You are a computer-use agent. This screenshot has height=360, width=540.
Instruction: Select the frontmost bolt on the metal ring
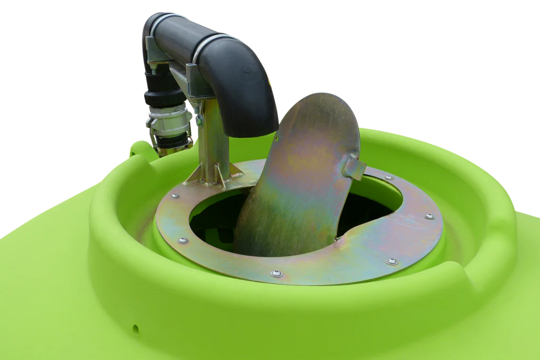pos(276,274)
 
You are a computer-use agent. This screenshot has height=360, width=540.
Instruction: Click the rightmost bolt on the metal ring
pos(430,216)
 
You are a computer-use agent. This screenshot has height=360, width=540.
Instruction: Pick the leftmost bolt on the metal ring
pos(173,196)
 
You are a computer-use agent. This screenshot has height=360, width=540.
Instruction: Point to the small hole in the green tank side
pos(136,329)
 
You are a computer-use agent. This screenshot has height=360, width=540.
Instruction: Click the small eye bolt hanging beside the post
pos(199,119)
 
